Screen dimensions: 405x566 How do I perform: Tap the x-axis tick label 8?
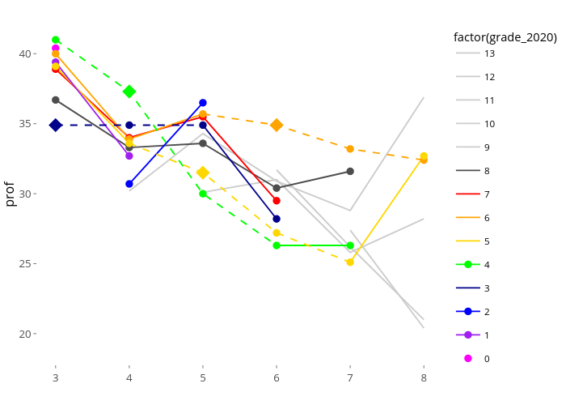coord(424,377)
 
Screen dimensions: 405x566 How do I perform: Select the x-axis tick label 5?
coord(203,377)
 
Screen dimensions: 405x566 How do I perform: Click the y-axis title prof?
coord(10,194)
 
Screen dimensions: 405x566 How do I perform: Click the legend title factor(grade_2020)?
coord(505,36)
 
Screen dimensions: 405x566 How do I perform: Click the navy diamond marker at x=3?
coord(56,125)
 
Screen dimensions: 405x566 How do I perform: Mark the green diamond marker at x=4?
coord(129,92)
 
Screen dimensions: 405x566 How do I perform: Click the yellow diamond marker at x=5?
coord(203,173)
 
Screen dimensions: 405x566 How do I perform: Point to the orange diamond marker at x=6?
coord(277,125)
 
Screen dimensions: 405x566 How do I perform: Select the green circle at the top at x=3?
coord(56,40)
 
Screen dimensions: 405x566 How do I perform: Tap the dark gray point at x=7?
coord(350,171)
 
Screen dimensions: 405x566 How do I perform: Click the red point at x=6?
coord(277,200)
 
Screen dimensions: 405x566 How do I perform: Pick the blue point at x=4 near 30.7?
coord(129,184)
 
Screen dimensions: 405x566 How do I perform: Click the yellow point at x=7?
coord(350,262)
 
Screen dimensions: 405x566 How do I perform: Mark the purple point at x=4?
coord(129,156)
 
